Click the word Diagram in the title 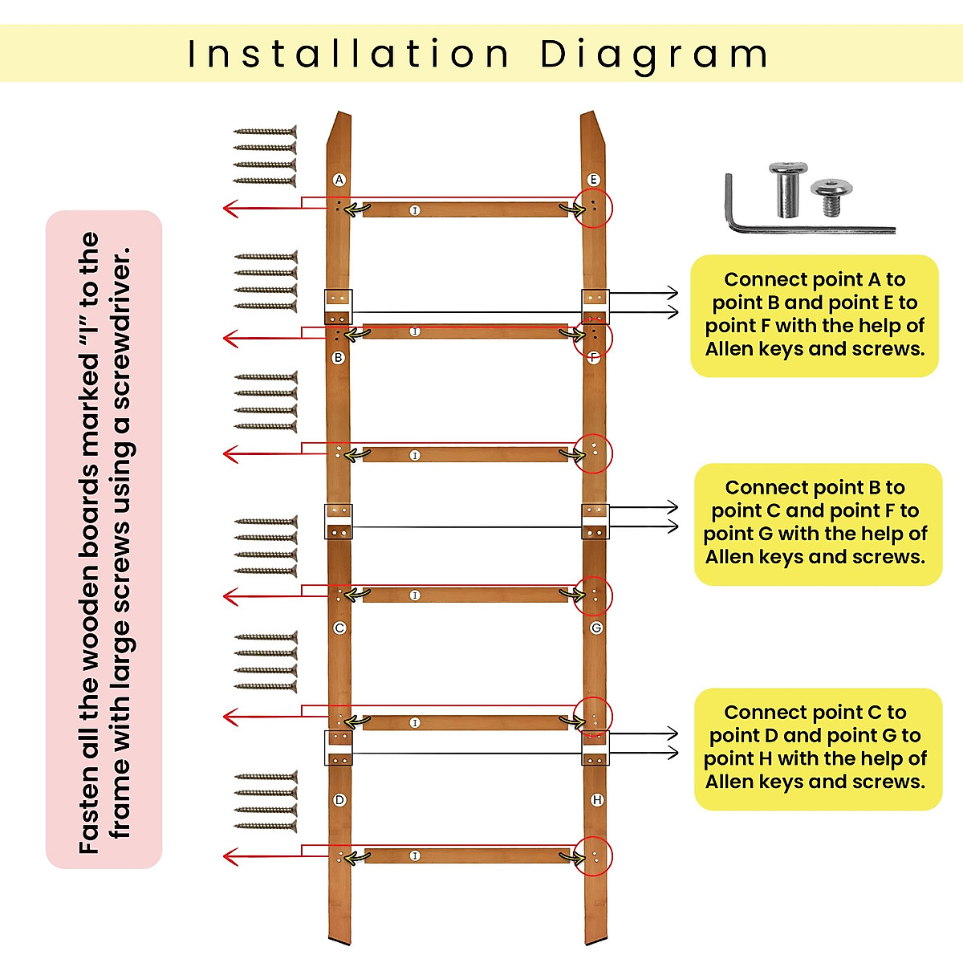click(x=654, y=55)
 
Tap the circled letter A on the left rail click(x=339, y=180)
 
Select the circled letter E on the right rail click(x=593, y=180)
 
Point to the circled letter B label click(x=339, y=357)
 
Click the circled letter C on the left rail click(x=339, y=628)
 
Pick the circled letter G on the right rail click(x=595, y=628)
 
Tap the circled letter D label click(x=339, y=800)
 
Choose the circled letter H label click(x=596, y=800)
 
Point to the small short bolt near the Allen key click(x=826, y=197)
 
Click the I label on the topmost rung click(x=415, y=210)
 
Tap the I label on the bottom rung click(x=415, y=856)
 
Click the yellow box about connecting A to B click(x=815, y=315)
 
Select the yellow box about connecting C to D click(x=817, y=748)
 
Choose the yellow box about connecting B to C click(x=817, y=523)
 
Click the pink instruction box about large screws click(x=104, y=539)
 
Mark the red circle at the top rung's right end click(x=594, y=208)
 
